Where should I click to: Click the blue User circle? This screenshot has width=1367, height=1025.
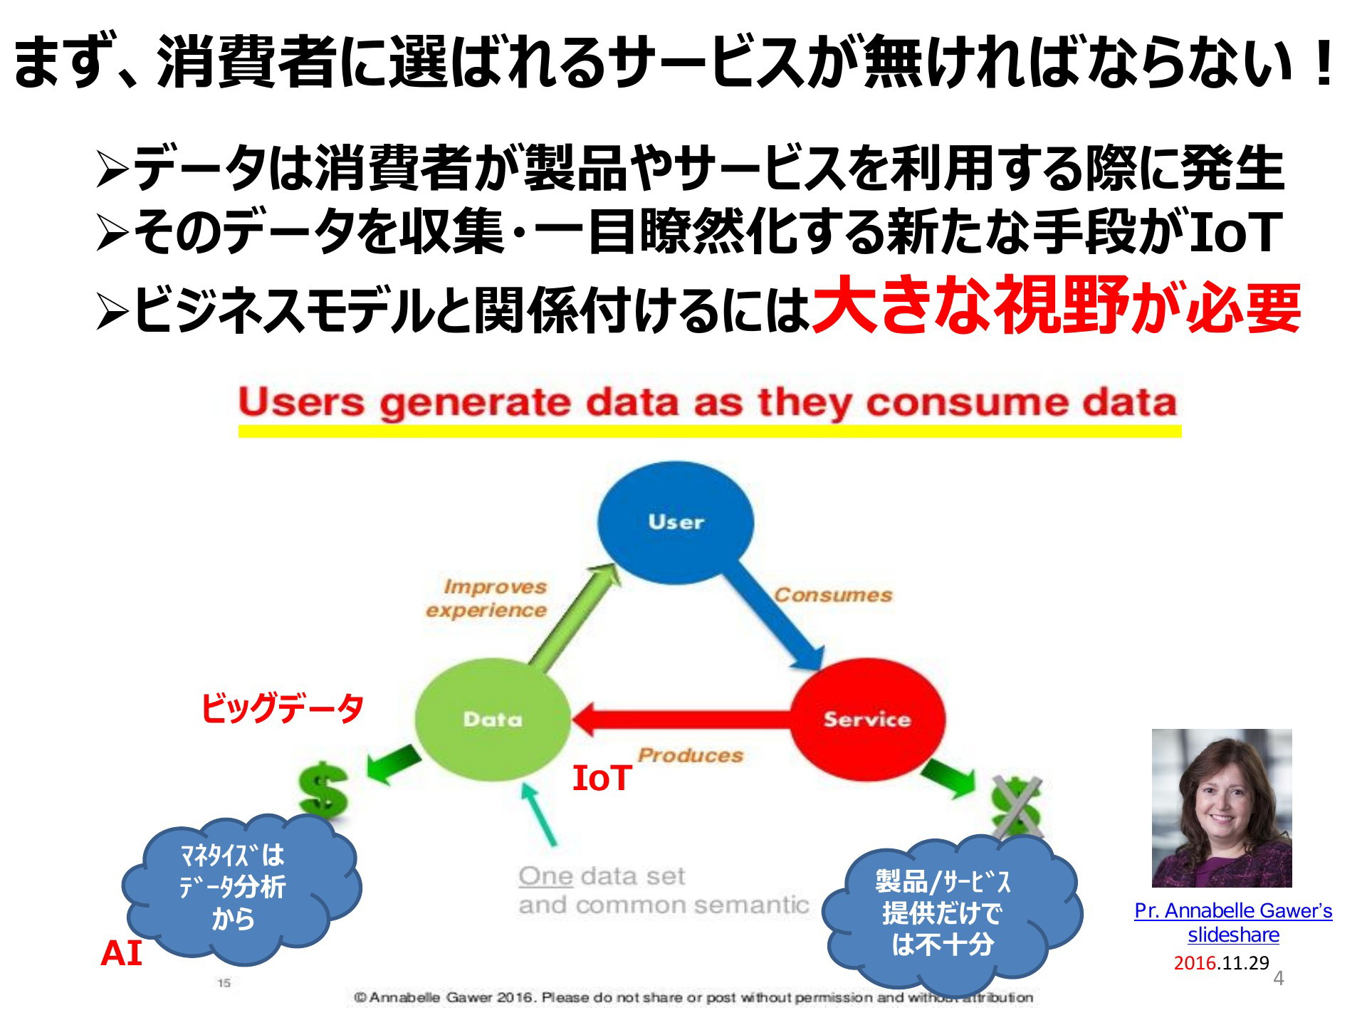click(675, 522)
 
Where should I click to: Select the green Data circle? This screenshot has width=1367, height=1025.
click(493, 720)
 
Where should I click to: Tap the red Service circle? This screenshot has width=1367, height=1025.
click(868, 720)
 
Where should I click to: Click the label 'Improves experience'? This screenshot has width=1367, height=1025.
click(487, 598)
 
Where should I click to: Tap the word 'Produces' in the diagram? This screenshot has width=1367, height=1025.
click(690, 755)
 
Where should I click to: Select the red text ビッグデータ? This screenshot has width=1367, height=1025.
click(282, 708)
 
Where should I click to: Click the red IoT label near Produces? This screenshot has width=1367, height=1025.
click(602, 778)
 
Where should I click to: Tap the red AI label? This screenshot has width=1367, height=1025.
click(121, 954)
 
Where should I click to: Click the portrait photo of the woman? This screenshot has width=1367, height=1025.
click(1222, 808)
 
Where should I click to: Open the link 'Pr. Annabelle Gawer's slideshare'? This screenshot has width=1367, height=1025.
click(1233, 922)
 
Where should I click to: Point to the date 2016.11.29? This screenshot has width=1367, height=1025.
click(1222, 963)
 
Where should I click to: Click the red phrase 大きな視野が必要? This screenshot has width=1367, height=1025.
click(1057, 306)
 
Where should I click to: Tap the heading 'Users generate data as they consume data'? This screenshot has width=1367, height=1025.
click(707, 403)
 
